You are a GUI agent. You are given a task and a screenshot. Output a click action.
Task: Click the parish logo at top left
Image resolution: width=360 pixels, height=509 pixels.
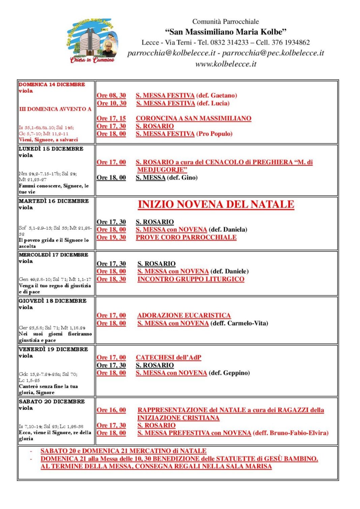coord(92,41)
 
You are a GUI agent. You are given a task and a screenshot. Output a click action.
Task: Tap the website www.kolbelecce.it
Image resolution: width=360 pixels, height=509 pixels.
coord(226,64)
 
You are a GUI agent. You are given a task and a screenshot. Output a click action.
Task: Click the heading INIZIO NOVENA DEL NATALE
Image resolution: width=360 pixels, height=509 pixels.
coord(216,204)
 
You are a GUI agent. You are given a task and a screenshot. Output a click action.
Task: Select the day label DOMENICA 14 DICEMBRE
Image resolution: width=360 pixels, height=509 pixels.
coord(52,85)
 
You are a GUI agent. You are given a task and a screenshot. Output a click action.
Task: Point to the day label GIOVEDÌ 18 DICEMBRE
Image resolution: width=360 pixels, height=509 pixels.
coord(53,301)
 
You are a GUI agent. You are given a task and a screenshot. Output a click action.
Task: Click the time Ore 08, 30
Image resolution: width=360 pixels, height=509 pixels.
coord(111,96)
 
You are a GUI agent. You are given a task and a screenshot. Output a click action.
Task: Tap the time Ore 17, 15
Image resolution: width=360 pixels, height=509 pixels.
coord(111,119)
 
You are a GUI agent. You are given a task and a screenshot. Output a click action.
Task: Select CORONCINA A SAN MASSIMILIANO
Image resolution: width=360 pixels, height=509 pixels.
coord(193,119)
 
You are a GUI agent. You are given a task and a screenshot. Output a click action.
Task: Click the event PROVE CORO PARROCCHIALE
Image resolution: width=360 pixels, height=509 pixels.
coord(186,237)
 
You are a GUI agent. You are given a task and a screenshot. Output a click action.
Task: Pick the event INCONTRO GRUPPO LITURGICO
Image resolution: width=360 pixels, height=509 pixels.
coord(191,279)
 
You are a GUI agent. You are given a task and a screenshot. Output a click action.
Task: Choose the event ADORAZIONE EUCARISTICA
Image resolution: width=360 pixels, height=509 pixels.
coord(184,316)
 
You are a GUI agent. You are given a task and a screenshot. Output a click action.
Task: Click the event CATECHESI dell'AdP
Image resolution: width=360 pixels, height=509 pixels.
coord(169,358)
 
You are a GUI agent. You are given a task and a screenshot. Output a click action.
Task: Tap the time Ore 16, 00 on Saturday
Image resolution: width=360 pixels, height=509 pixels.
coord(111,410)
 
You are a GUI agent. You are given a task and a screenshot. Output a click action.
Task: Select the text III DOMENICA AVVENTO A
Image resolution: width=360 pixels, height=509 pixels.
coord(55,109)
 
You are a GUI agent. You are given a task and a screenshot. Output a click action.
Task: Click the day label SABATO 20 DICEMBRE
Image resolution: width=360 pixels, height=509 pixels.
coord(52,402)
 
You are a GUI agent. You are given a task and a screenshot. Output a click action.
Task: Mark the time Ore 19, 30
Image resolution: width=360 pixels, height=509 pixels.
coord(111,237)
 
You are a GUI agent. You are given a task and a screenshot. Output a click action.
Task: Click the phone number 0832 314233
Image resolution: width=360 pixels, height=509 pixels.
coord(229,42)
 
